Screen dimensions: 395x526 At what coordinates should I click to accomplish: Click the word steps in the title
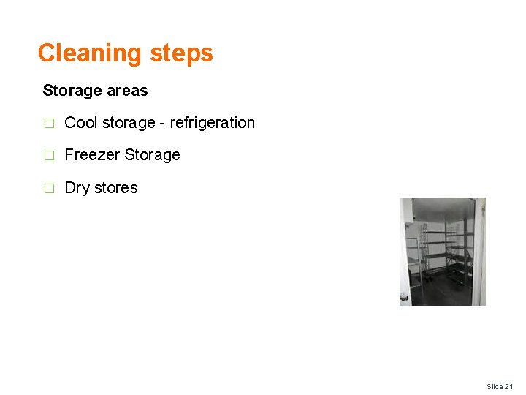(181, 53)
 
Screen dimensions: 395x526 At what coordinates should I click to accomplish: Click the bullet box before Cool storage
(49, 124)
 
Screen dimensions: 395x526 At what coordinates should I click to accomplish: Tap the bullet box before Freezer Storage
(49, 156)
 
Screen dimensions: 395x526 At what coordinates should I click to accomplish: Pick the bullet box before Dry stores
(49, 189)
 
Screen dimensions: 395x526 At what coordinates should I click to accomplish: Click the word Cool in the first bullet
(81, 123)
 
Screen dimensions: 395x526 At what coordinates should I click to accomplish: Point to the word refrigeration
(212, 123)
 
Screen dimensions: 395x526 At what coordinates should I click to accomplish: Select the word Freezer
(92, 155)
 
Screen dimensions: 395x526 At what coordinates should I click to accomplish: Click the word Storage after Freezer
(152, 155)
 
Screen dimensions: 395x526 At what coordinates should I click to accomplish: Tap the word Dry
(77, 188)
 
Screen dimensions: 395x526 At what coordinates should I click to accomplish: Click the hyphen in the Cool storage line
(163, 124)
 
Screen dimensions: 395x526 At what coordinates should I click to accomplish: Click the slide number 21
(509, 386)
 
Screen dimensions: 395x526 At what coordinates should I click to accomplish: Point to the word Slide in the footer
(495, 386)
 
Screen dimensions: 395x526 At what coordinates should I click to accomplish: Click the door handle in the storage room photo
(404, 297)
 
